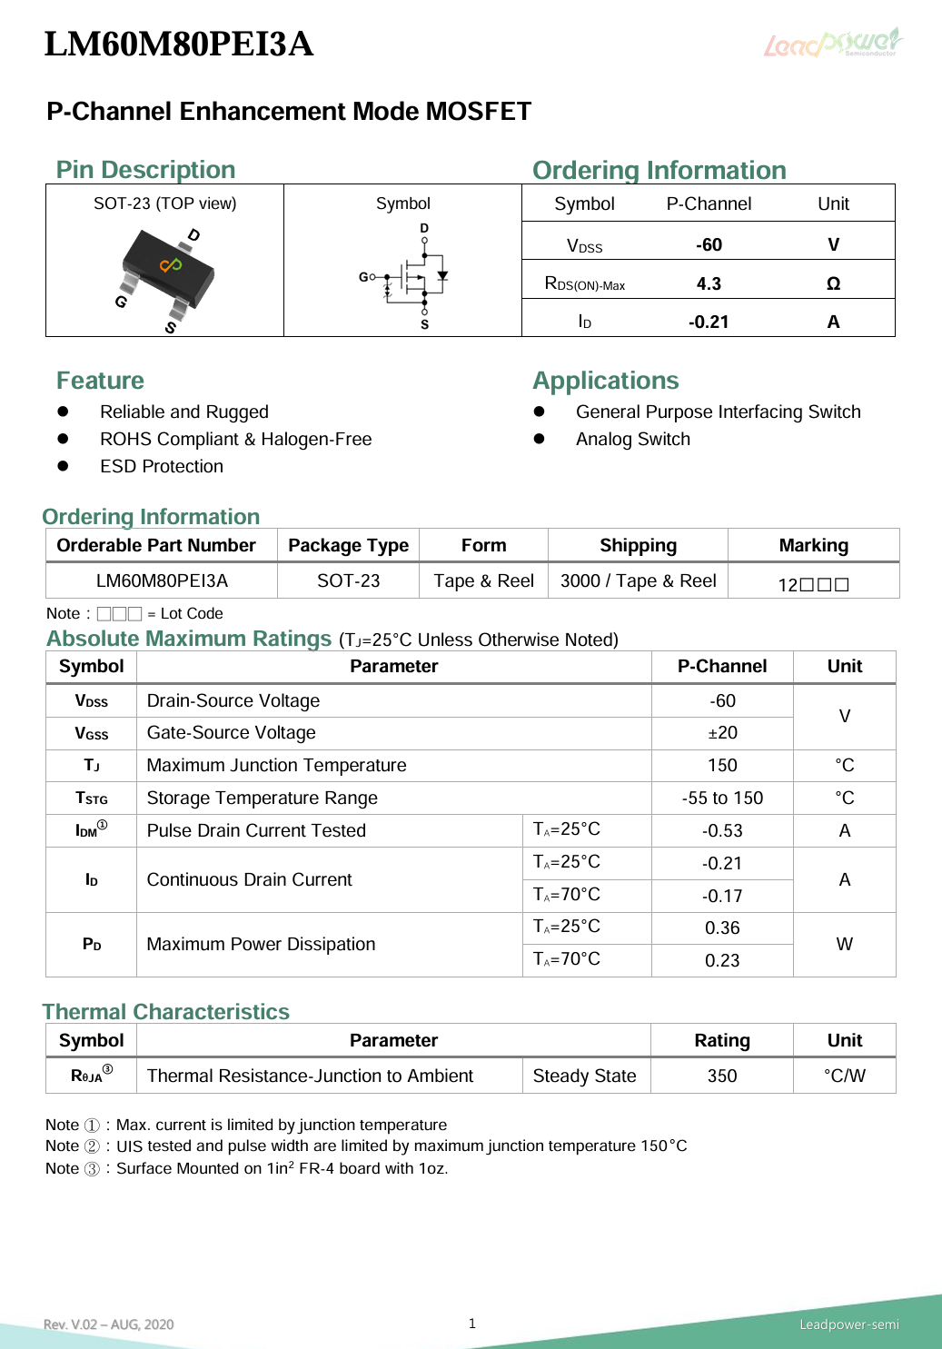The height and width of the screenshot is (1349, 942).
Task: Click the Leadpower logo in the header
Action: (x=832, y=43)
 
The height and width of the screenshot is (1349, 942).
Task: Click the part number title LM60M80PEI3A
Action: (x=179, y=44)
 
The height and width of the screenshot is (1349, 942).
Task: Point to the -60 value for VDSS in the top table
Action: (x=709, y=244)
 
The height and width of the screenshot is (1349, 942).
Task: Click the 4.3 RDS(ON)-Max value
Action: (x=709, y=283)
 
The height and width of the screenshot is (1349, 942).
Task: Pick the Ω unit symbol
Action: (x=833, y=283)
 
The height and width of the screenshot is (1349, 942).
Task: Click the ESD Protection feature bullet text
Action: (x=162, y=466)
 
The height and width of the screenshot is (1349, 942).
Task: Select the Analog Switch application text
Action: (x=633, y=439)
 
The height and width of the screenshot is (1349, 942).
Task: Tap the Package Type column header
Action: (x=348, y=545)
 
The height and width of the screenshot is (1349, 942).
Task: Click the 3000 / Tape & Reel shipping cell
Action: (x=638, y=580)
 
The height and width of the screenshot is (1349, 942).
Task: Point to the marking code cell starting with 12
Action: (x=813, y=584)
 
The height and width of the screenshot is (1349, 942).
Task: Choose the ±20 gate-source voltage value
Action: (x=722, y=732)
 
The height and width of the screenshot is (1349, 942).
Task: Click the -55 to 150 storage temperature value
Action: (x=722, y=798)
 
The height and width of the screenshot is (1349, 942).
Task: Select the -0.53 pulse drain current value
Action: (x=722, y=830)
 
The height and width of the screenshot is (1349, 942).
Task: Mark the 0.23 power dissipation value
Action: (x=722, y=960)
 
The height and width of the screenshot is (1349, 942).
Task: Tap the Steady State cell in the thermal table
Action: (x=584, y=1076)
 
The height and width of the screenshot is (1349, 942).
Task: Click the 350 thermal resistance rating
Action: (x=722, y=1076)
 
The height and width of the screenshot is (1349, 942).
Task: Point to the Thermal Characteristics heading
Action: (x=166, y=1011)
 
